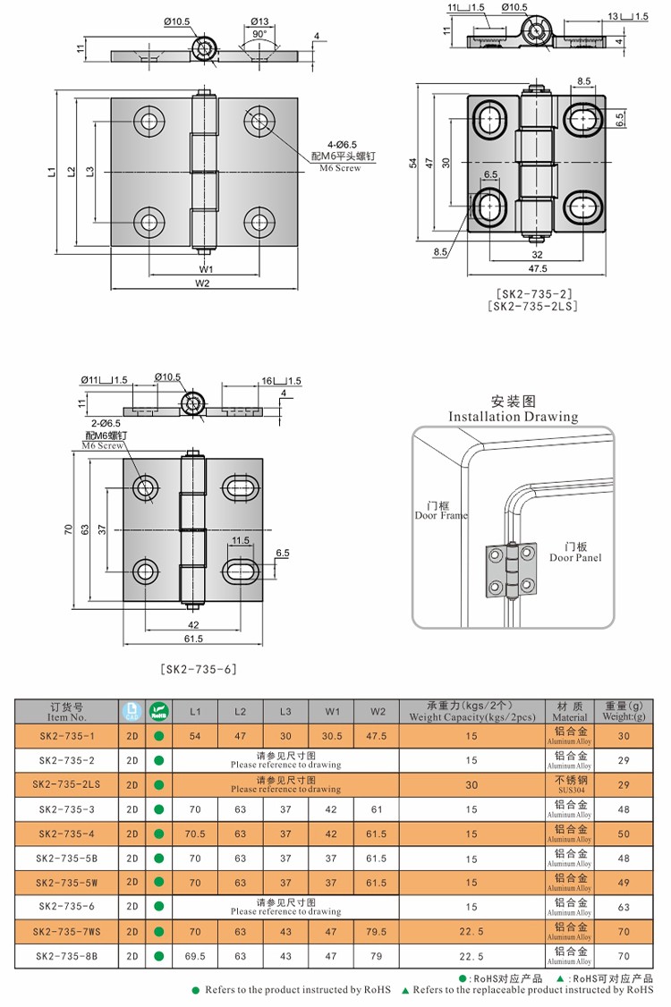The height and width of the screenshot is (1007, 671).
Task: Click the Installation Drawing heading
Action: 513,416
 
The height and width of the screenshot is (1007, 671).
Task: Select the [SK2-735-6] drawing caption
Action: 198,668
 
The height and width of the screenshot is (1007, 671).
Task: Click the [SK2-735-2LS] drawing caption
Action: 533,306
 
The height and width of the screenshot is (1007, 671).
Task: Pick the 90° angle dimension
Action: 259,33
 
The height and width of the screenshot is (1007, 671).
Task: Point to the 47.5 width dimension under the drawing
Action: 537,268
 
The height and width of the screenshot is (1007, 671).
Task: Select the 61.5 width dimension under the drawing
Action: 193,639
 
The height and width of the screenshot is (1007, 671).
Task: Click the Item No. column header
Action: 67,712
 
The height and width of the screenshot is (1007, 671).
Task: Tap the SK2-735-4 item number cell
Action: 67,834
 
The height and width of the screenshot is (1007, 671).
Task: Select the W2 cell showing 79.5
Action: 377,931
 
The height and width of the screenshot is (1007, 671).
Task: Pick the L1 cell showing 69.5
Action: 195,956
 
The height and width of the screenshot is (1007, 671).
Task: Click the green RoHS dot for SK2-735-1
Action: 159,736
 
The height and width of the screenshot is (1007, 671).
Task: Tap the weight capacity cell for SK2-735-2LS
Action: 471,784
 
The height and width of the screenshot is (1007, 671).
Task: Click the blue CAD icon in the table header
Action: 132,712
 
